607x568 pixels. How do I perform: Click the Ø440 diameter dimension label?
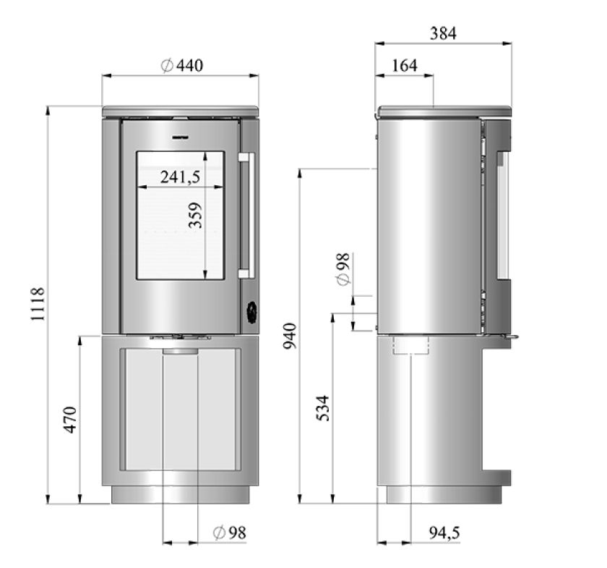(x=181, y=66)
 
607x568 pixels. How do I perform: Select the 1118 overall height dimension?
(x=38, y=304)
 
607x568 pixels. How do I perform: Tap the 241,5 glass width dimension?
(x=181, y=177)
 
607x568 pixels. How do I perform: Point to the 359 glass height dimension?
(x=196, y=215)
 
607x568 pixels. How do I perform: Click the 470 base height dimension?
(x=70, y=420)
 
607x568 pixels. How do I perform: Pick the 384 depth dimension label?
(x=443, y=34)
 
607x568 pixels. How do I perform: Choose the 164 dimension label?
(x=405, y=66)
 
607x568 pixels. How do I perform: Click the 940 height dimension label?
(x=290, y=336)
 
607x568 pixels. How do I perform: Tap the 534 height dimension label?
(x=323, y=408)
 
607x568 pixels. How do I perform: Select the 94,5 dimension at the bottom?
(x=444, y=533)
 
